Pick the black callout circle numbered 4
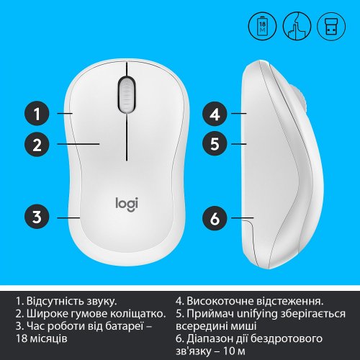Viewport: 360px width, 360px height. [x=215, y=114]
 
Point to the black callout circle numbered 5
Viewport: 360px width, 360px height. [x=215, y=144]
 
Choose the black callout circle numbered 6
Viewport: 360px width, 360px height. [x=215, y=215]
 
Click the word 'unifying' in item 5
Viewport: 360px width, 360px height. [x=255, y=314]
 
